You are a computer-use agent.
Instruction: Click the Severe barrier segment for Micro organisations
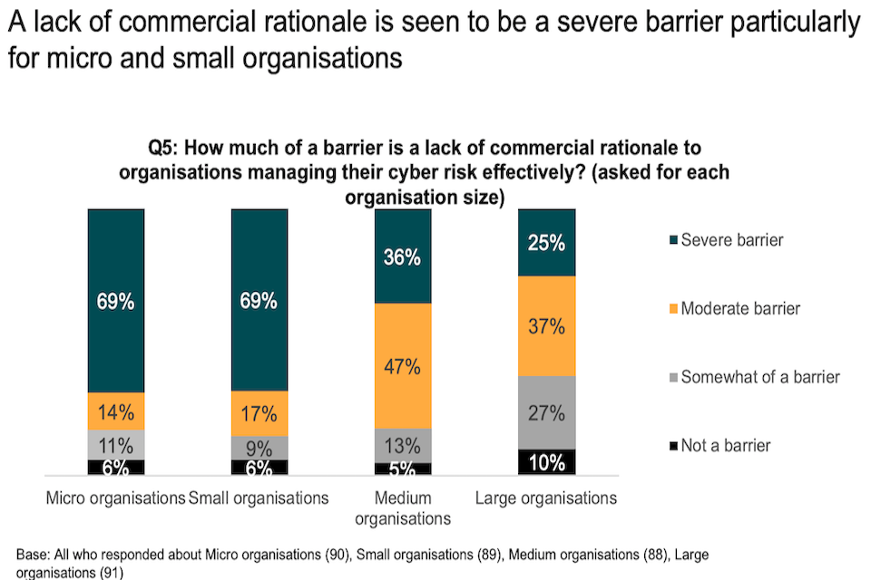point(115,301)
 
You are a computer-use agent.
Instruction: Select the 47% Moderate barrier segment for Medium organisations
point(402,366)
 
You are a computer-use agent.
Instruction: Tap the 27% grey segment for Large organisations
point(545,412)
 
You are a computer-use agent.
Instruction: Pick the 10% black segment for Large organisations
point(545,462)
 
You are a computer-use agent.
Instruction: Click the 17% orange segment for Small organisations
point(259,413)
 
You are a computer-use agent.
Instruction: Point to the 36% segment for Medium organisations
point(402,256)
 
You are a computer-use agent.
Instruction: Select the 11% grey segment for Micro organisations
point(115,444)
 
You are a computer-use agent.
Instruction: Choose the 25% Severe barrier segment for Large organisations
point(545,243)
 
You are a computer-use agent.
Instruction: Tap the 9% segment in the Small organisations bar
point(259,448)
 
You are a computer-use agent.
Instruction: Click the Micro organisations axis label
point(115,498)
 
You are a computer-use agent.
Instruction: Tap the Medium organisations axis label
point(402,508)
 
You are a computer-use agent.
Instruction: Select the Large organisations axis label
point(546,498)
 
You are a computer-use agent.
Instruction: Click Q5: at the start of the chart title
point(166,148)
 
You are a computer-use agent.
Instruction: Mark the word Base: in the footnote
point(34,554)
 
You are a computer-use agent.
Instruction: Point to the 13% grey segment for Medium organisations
point(402,446)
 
